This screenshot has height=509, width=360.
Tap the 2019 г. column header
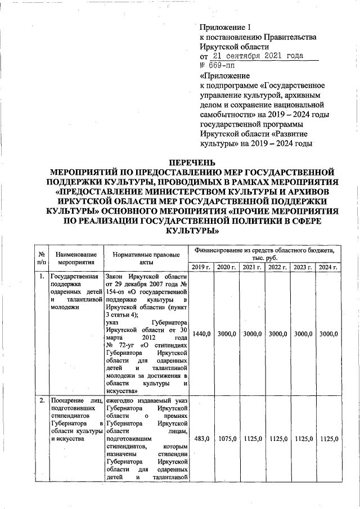[200, 267]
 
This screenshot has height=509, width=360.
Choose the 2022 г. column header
[277, 267]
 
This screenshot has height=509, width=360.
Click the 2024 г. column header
[328, 267]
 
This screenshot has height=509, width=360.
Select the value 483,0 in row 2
[201, 438]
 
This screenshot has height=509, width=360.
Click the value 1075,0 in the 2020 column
[226, 438]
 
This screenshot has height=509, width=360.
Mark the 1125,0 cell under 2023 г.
[303, 438]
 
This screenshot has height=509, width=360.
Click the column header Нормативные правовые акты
[146, 258]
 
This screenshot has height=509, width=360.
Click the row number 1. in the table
[42, 277]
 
